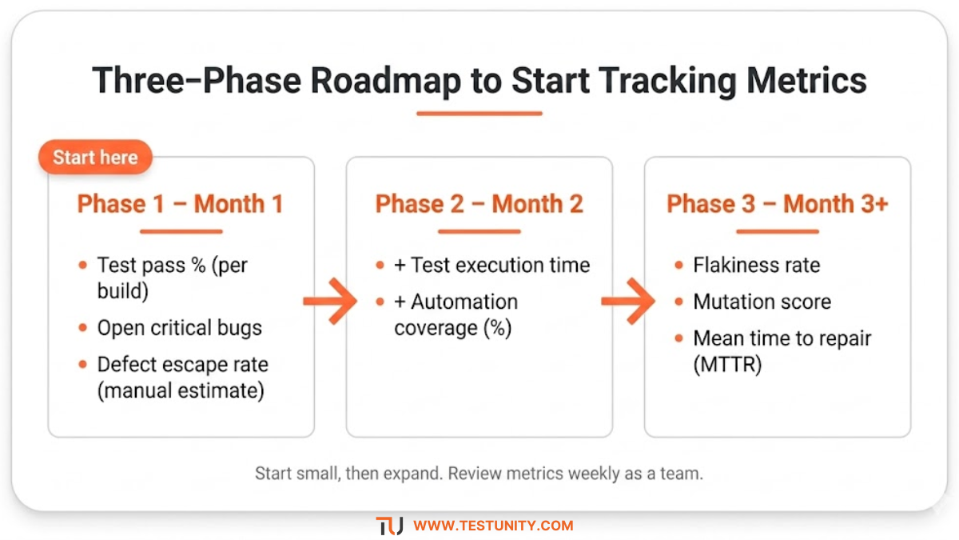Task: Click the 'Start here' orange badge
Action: pyautogui.click(x=95, y=158)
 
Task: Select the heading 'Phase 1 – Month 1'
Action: pyautogui.click(x=181, y=204)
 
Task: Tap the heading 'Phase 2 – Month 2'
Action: pyautogui.click(x=479, y=204)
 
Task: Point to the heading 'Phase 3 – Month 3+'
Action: pyautogui.click(x=778, y=204)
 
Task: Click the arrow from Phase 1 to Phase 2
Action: pyautogui.click(x=330, y=302)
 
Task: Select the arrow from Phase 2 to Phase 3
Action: pyautogui.click(x=628, y=302)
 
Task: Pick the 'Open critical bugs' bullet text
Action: pyautogui.click(x=180, y=328)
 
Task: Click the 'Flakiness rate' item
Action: pyautogui.click(x=757, y=265)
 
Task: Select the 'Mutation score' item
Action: pyautogui.click(x=762, y=302)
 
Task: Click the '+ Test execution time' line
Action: pyautogui.click(x=492, y=265)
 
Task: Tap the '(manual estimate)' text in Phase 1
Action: pyautogui.click(x=181, y=390)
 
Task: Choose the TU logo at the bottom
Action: pyautogui.click(x=390, y=526)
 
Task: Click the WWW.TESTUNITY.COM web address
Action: pyautogui.click(x=493, y=526)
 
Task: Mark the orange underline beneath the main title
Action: pyautogui.click(x=479, y=113)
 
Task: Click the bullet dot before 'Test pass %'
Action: pyautogui.click(x=82, y=266)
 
